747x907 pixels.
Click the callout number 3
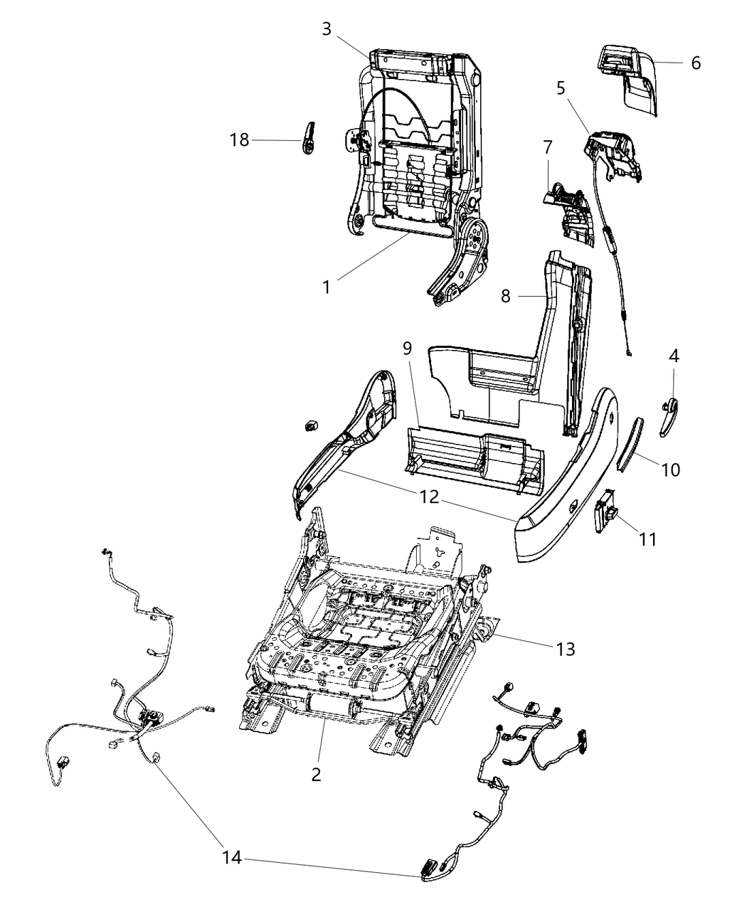click(327, 29)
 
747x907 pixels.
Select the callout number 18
click(240, 139)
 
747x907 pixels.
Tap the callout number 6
click(695, 63)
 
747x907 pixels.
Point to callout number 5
click(561, 88)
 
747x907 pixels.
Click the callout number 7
click(547, 148)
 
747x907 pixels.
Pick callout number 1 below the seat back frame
click(327, 287)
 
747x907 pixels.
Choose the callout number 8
click(506, 295)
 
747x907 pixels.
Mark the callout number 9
click(407, 348)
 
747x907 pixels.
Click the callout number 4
click(673, 356)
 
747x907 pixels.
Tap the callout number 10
click(670, 470)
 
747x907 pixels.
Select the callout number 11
click(647, 540)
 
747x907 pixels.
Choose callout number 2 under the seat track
click(317, 774)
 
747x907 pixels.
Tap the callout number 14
click(233, 859)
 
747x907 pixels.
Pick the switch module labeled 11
click(605, 509)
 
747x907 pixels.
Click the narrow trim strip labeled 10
click(630, 445)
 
